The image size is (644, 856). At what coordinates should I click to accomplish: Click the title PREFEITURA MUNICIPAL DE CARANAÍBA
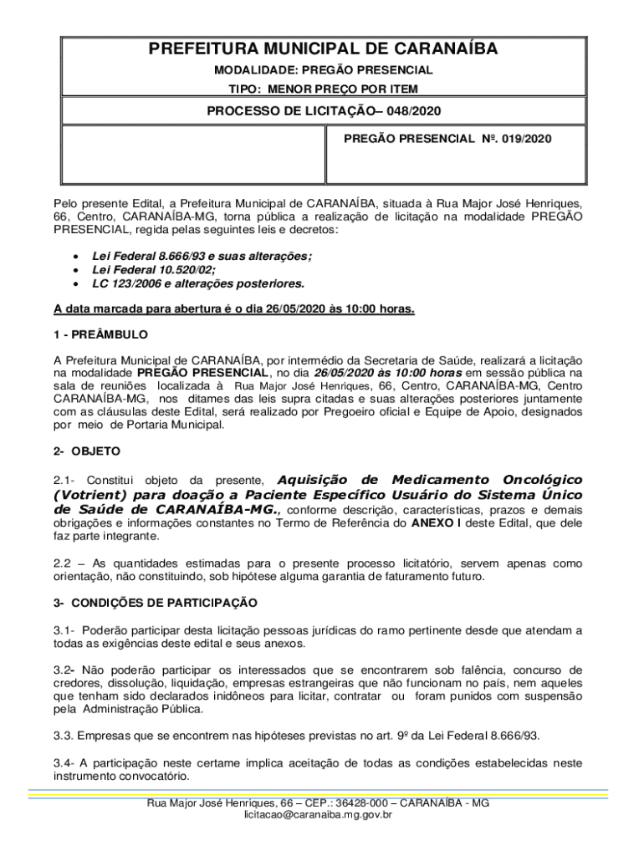[x=323, y=49]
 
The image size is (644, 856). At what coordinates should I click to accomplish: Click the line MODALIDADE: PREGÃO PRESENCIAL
[x=323, y=70]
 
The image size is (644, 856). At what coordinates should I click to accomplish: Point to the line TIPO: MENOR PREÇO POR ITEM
[x=323, y=89]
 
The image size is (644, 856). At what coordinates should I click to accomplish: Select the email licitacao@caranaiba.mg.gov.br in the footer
[x=318, y=814]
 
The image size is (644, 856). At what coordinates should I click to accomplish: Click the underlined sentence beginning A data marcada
[x=234, y=308]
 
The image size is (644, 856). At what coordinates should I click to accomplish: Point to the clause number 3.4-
[x=65, y=763]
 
